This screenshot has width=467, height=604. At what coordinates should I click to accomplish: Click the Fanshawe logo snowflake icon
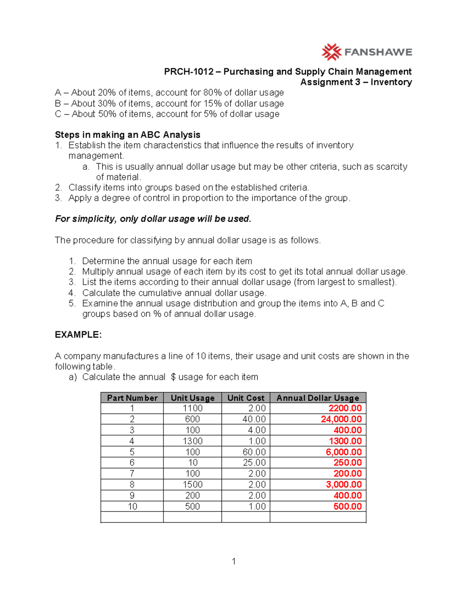(331, 52)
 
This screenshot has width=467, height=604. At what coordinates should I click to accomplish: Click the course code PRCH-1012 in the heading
(189, 72)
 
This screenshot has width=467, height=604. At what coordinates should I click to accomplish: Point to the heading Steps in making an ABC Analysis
(127, 135)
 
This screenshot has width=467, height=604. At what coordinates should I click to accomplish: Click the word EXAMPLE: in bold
(78, 335)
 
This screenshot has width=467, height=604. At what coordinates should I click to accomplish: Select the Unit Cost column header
(246, 398)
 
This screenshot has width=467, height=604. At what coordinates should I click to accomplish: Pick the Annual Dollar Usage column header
(318, 398)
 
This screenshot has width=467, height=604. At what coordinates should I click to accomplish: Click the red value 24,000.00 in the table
(341, 419)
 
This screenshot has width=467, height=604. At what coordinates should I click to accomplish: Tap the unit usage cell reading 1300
(193, 441)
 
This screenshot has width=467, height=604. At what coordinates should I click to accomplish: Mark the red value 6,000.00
(344, 452)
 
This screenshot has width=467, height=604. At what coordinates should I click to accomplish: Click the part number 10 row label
(132, 506)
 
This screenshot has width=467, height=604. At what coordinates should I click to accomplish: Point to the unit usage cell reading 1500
(193, 485)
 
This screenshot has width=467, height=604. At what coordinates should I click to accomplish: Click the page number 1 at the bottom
(233, 561)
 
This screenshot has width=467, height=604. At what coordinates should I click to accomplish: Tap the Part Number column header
(132, 398)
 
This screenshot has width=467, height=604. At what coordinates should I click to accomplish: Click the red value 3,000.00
(344, 485)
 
